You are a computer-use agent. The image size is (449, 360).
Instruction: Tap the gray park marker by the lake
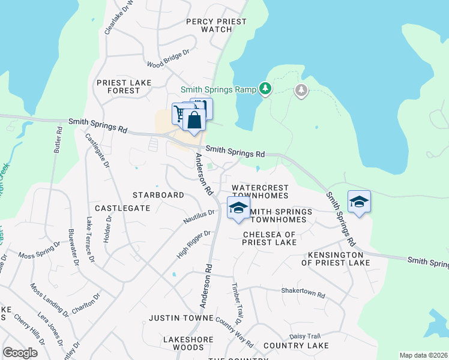pyautogui.click(x=301, y=91)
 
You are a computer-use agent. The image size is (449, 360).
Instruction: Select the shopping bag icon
pyautogui.click(x=194, y=119)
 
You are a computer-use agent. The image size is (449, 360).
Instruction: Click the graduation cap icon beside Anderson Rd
pyautogui.click(x=238, y=208)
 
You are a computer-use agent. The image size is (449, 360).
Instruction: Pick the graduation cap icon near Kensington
pyautogui.click(x=359, y=202)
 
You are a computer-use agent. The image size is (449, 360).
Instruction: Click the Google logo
pyautogui.click(x=20, y=353)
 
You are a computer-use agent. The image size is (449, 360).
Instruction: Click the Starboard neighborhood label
pyautogui.click(x=158, y=196)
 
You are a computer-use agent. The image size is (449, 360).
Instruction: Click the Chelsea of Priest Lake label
pyautogui.click(x=269, y=238)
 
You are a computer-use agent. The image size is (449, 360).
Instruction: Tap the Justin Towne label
pyautogui.click(x=181, y=317)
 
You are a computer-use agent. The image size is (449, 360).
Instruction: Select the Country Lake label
pyautogui.click(x=295, y=346)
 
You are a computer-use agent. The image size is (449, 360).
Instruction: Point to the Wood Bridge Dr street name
pyautogui.click(x=168, y=58)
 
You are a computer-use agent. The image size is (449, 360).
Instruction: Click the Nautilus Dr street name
pyautogui.click(x=199, y=217)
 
